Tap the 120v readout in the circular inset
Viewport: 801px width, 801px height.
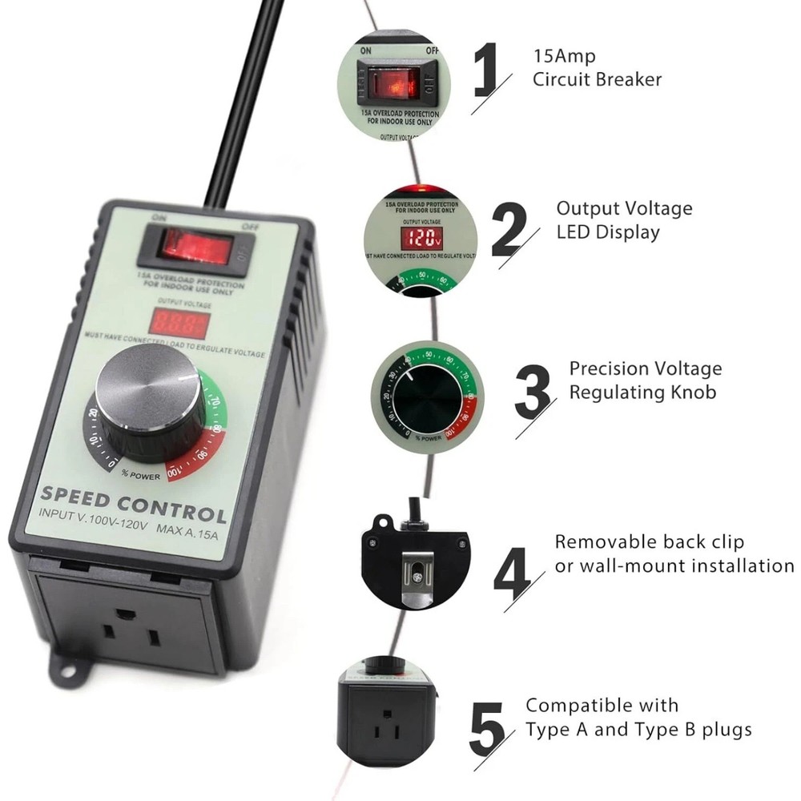pos(421,237)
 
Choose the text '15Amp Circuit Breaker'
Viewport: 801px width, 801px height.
pos(598,68)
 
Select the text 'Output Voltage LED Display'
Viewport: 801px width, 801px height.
pos(624,220)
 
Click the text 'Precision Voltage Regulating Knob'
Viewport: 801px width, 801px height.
pos(645,380)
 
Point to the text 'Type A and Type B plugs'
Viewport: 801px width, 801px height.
pos(638,730)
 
